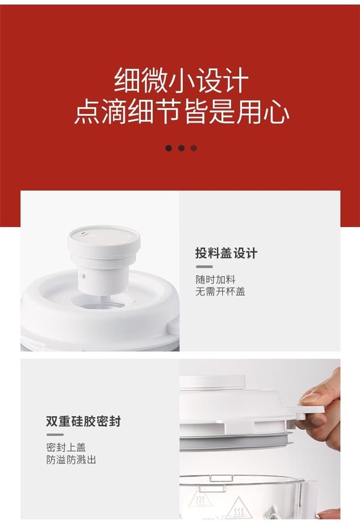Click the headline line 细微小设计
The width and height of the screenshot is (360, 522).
pyautogui.click(x=181, y=80)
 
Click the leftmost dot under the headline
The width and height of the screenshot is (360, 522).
pyautogui.click(x=168, y=148)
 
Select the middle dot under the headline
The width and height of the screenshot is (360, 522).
pyautogui.click(x=181, y=148)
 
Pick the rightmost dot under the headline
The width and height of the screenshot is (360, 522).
pyautogui.click(x=193, y=148)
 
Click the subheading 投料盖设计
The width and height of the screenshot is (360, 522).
pyautogui.click(x=226, y=254)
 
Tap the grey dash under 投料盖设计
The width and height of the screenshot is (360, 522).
pyautogui.click(x=204, y=267)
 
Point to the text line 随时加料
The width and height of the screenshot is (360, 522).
pyautogui.click(x=216, y=279)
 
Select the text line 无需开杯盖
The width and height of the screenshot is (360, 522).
pyautogui.click(x=220, y=291)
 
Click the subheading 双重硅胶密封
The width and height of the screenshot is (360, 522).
pyautogui.click(x=83, y=422)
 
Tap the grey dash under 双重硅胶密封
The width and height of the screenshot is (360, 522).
pyautogui.click(x=55, y=435)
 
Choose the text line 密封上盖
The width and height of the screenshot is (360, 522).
pyautogui.click(x=66, y=447)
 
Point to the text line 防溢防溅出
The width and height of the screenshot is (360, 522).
pyautogui.click(x=71, y=460)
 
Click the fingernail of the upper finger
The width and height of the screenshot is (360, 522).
pyautogui.click(x=310, y=398)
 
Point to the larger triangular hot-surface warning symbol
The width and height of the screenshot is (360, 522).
pyautogui.click(x=238, y=509)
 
